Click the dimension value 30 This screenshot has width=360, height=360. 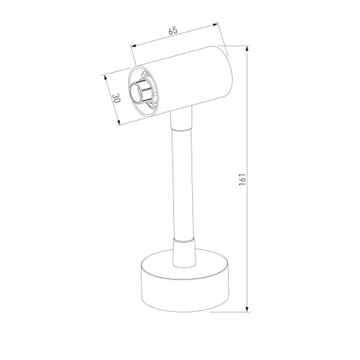[116, 100]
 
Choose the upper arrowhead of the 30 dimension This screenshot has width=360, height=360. [106, 78]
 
